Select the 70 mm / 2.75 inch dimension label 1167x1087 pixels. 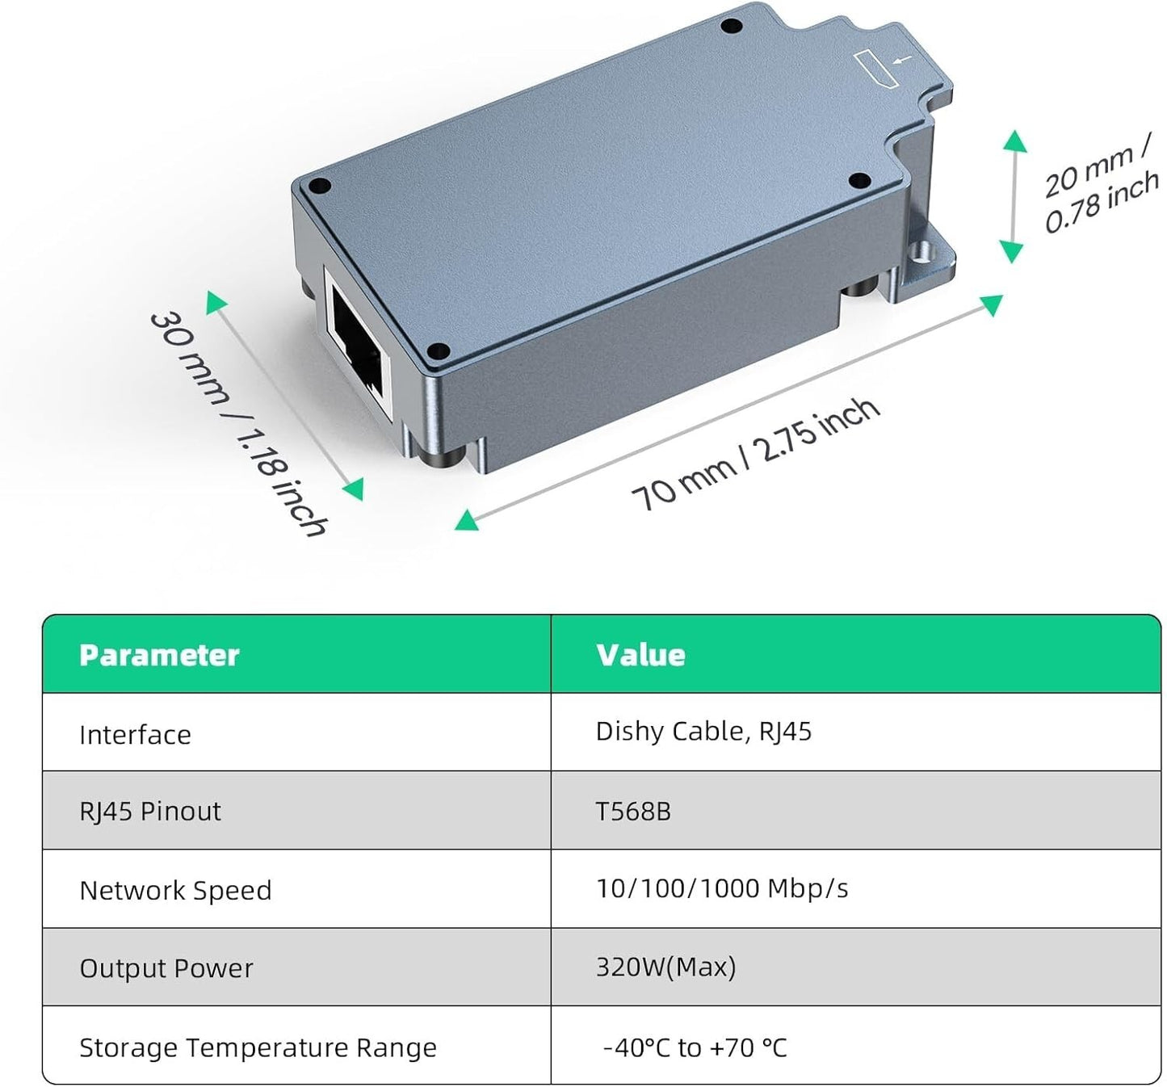tap(756, 455)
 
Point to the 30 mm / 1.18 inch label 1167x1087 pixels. tap(238, 424)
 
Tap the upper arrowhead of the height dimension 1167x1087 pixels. tap(1015, 141)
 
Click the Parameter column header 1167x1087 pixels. tap(159, 655)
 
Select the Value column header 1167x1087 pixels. tap(640, 655)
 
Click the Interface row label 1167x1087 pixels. tap(135, 735)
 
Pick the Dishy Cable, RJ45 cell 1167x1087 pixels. tap(703, 732)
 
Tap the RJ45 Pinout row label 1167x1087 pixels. tap(150, 812)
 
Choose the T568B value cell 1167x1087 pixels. tap(633, 812)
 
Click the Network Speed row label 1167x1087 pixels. tap(176, 891)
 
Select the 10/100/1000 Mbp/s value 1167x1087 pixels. tap(722, 889)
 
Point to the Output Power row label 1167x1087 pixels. tap(166, 968)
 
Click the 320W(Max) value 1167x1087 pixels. tap(665, 967)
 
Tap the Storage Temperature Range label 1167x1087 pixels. tap(258, 1047)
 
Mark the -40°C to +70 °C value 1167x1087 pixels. tap(695, 1047)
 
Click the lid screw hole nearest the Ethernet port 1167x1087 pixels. tap(438, 352)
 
